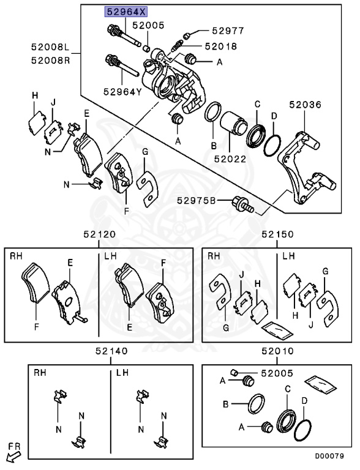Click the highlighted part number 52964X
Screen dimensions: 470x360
pyautogui.click(x=125, y=11)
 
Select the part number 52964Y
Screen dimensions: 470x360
pyautogui.click(x=122, y=92)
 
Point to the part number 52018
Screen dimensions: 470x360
pyautogui.click(x=220, y=46)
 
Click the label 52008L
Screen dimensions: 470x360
pyautogui.click(x=53, y=46)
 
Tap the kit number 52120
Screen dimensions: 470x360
pyautogui.click(x=99, y=234)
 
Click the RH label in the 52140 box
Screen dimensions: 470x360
pyautogui.click(x=40, y=372)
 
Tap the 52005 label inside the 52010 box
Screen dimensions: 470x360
pyautogui.click(x=277, y=373)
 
